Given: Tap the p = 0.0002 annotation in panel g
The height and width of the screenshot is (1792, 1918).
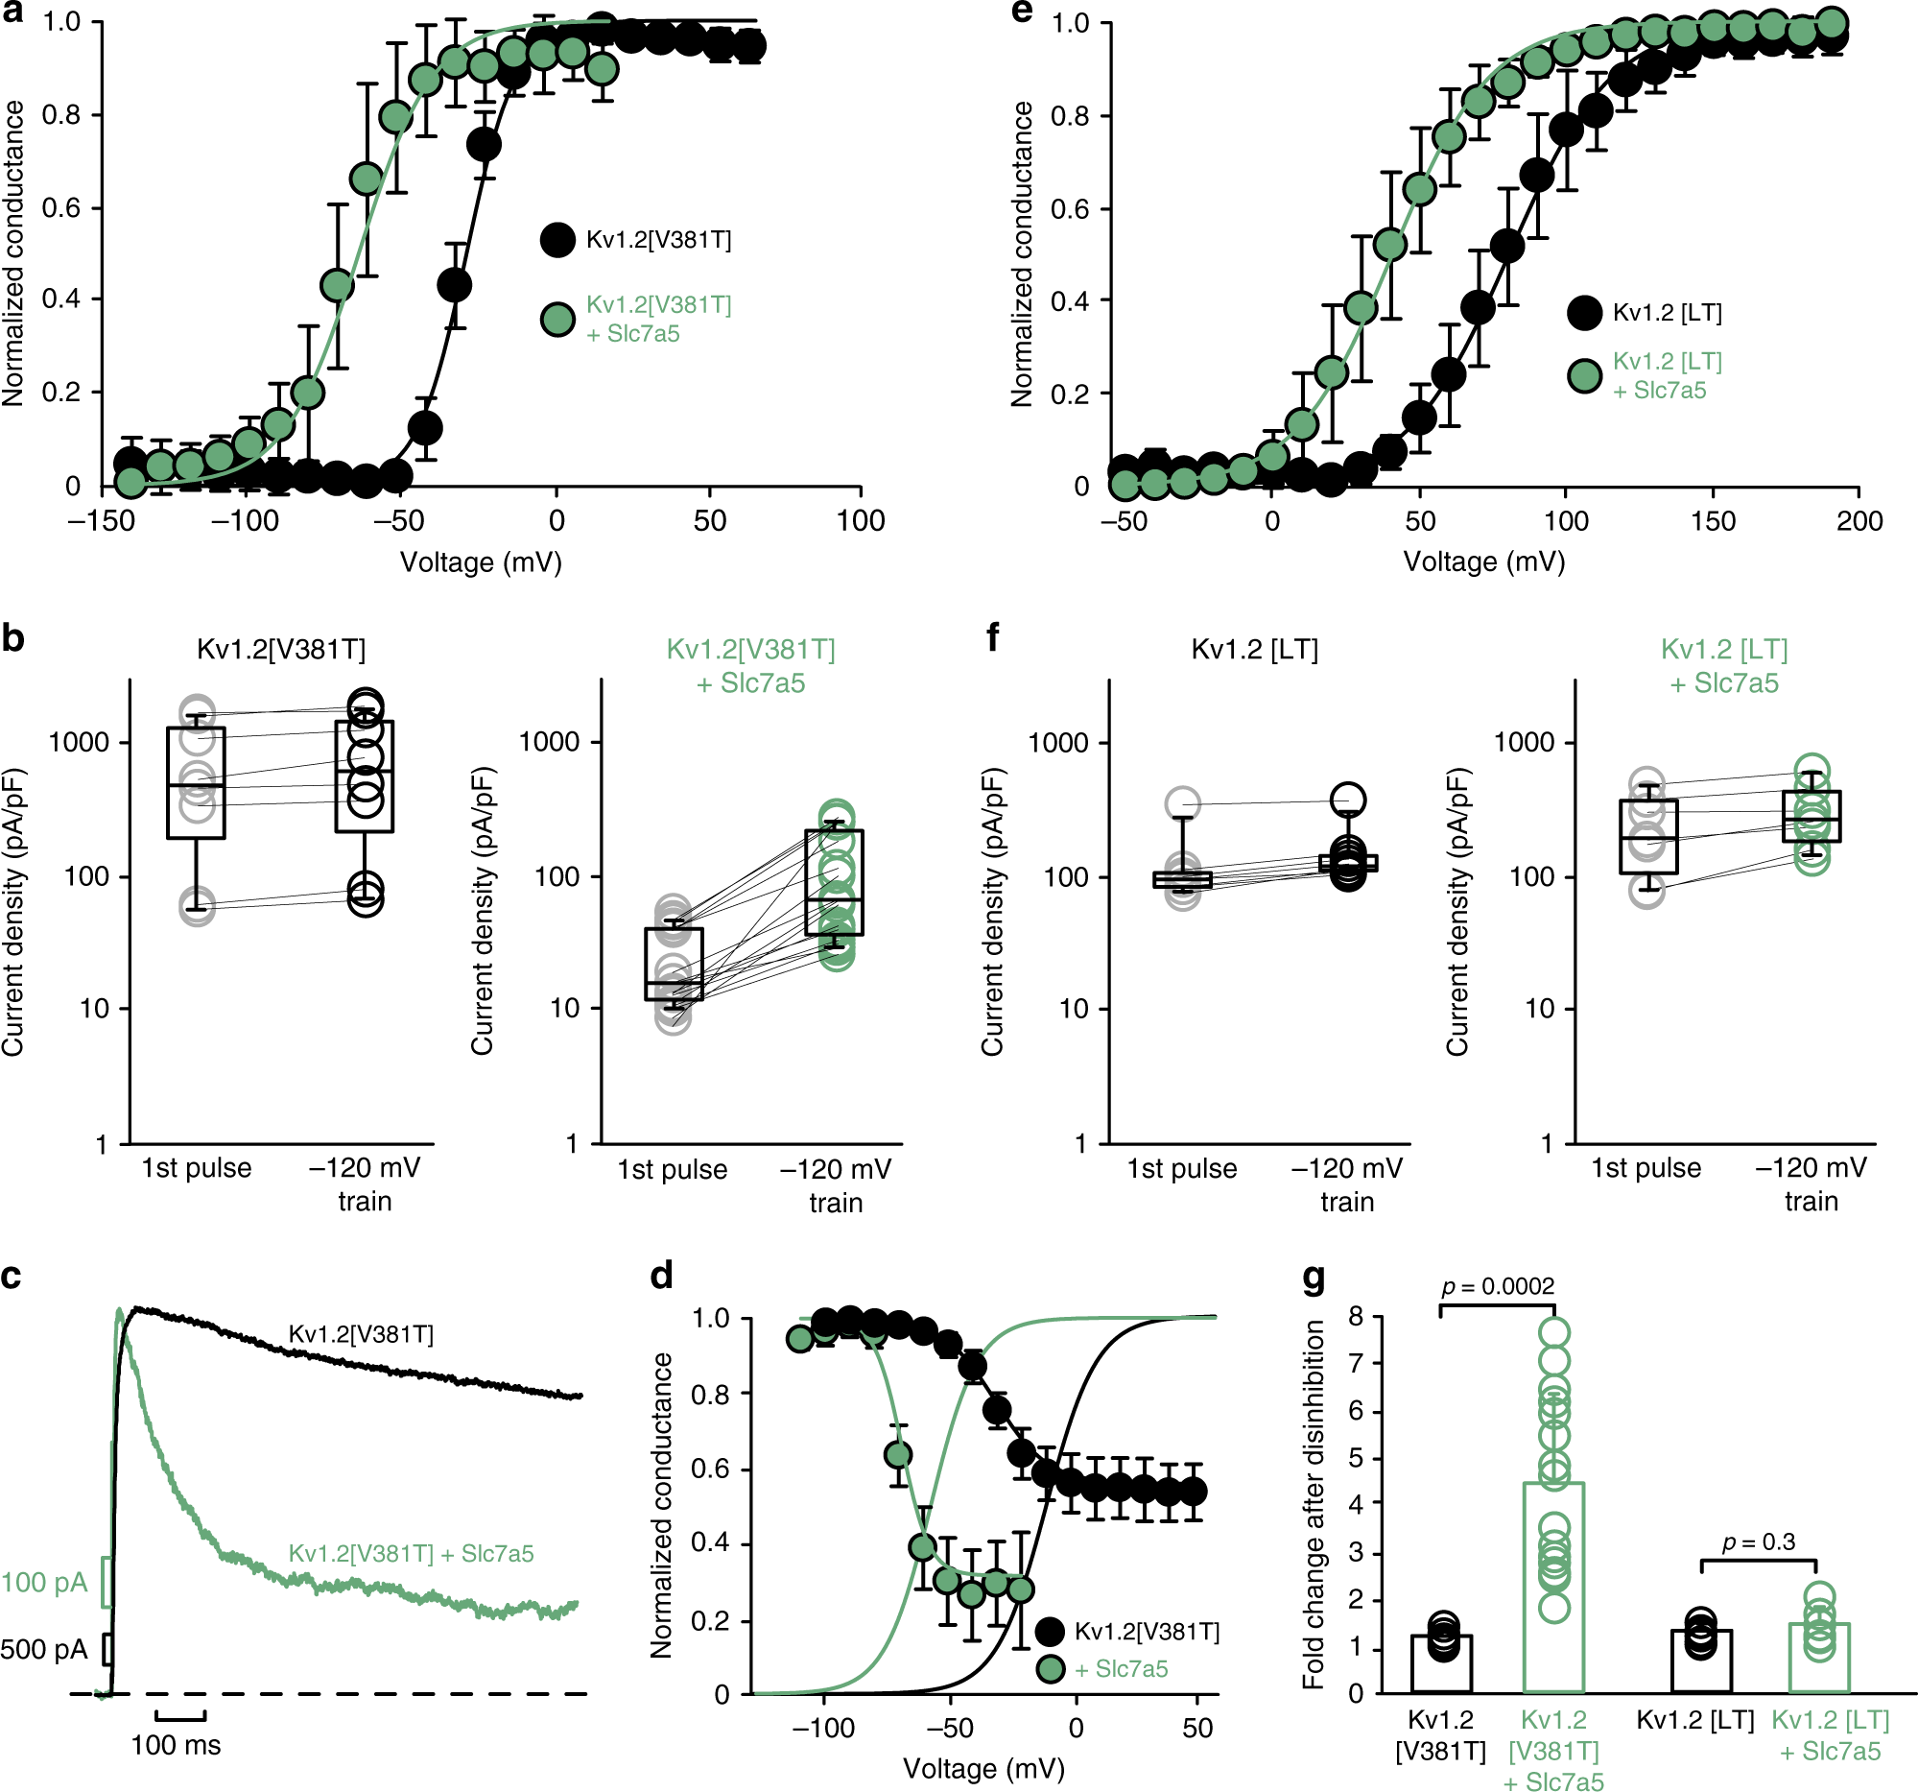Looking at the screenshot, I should point(1498,1286).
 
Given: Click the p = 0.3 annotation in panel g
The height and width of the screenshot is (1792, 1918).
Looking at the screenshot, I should point(1758,1542).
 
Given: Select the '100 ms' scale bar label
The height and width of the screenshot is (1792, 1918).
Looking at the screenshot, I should point(176,1745).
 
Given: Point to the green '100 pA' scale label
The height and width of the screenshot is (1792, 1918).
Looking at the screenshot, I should point(43,1583).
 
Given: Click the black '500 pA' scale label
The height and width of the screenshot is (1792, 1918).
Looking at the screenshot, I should point(43,1649).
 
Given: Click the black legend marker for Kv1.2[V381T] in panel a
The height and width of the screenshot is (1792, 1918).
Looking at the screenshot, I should point(557,239).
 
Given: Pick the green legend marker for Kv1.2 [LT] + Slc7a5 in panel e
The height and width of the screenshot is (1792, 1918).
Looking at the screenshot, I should point(1584,376).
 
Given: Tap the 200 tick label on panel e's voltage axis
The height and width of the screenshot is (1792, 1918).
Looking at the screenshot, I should point(1859,521).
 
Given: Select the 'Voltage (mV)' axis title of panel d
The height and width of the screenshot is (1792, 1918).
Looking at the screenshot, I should point(983,1769).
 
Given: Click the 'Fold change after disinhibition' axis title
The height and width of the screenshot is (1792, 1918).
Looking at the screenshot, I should point(1314,1504).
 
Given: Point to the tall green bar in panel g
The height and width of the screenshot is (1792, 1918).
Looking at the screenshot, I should point(1553,1589).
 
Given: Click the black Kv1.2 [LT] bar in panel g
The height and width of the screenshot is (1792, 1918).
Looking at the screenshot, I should point(1701,1661).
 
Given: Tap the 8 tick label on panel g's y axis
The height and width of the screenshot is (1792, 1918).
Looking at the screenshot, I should point(1356,1316).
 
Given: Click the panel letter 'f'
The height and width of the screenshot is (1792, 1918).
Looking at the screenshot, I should point(993,638).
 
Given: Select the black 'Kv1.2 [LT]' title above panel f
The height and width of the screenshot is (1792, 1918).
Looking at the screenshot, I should point(1254,650).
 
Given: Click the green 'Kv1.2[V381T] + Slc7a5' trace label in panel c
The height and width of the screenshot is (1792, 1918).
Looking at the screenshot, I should point(411,1554).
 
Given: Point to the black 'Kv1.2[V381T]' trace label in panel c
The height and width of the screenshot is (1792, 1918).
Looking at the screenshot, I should point(361,1334).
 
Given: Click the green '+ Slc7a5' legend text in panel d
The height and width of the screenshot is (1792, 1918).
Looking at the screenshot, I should point(1120,1669).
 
